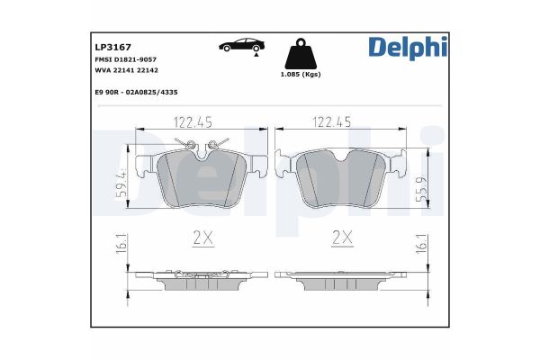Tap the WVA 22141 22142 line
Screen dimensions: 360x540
[127, 69]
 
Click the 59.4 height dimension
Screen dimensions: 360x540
[121, 184]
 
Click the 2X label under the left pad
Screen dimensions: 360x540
[202, 238]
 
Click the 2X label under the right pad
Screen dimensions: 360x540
[340, 238]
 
